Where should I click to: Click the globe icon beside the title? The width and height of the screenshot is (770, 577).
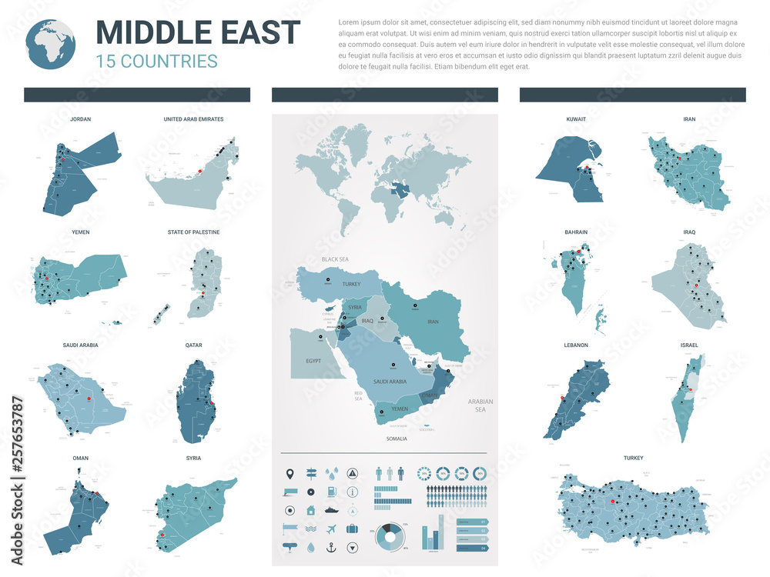click(51, 45)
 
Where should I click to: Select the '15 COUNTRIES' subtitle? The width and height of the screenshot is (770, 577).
click(156, 61)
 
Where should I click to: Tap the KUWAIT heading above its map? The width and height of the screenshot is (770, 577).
click(575, 120)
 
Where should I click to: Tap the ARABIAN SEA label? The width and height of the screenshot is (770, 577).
click(480, 405)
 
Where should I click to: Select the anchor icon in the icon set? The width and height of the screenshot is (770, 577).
click(331, 548)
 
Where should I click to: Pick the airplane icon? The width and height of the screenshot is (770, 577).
click(331, 529)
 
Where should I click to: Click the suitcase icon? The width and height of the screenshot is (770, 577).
click(352, 529)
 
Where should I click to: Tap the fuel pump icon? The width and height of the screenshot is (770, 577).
click(331, 492)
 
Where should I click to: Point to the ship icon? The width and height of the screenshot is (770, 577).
click(331, 510)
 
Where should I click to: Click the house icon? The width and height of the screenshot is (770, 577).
click(310, 510)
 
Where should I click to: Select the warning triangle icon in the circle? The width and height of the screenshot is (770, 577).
click(352, 472)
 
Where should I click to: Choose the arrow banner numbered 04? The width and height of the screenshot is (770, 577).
click(472, 548)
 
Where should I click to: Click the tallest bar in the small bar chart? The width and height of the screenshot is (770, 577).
click(441, 532)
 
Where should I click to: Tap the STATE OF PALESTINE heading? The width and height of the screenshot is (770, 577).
click(193, 232)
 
